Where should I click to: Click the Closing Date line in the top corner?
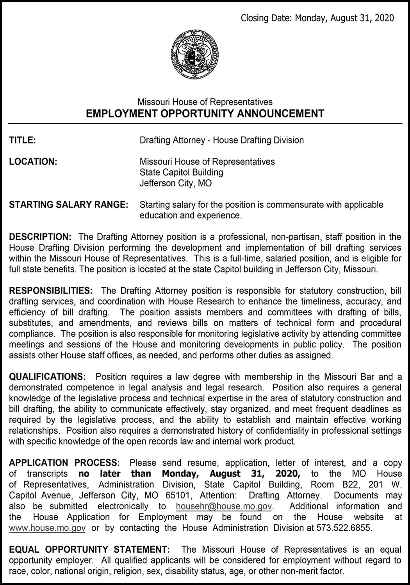pos(317,18)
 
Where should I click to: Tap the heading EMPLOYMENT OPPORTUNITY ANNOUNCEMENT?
pos(205,113)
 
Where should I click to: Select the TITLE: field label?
pos(23,140)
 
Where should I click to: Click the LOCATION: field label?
pos(33,161)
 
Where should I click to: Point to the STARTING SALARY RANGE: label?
pos(68,204)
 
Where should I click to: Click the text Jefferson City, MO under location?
pos(175,183)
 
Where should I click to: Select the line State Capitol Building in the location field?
pos(181,172)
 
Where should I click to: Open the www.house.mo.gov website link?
pos(47,528)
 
